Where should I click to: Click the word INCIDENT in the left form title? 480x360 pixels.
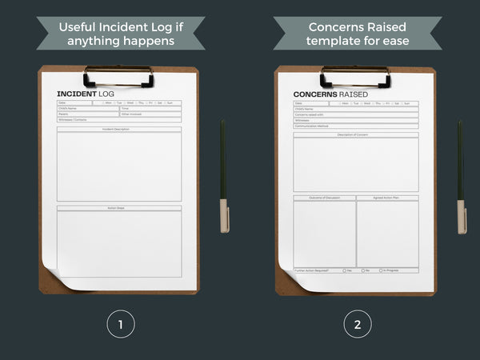(75, 94)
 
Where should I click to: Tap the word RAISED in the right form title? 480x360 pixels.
(354, 94)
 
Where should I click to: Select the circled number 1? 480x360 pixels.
(120, 324)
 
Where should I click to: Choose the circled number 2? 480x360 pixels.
(358, 324)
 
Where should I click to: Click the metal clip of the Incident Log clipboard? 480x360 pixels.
(118, 76)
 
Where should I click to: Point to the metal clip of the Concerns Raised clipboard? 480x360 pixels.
(355, 76)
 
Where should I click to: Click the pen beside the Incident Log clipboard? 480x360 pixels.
(223, 176)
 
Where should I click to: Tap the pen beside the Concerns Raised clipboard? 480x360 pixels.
(461, 176)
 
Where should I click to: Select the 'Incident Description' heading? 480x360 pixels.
(119, 129)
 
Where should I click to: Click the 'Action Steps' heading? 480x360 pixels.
(119, 208)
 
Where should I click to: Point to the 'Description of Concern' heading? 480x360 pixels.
(355, 134)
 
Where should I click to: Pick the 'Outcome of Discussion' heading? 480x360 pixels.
(324, 198)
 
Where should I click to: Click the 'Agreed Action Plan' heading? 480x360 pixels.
(387, 198)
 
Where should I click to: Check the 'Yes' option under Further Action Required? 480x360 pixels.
(345, 270)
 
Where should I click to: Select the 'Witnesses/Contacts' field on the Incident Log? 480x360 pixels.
(74, 119)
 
